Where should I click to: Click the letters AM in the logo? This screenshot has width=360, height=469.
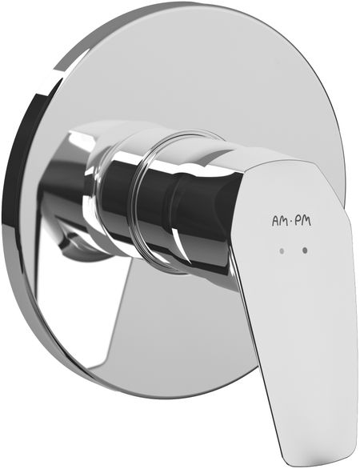pos(279,221)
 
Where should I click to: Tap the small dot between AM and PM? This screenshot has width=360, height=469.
pos(291,222)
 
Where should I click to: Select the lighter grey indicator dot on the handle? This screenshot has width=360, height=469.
pos(282,251)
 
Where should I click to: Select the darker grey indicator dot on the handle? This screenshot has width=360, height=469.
pos(305,251)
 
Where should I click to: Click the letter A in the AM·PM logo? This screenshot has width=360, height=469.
pos(275,221)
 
